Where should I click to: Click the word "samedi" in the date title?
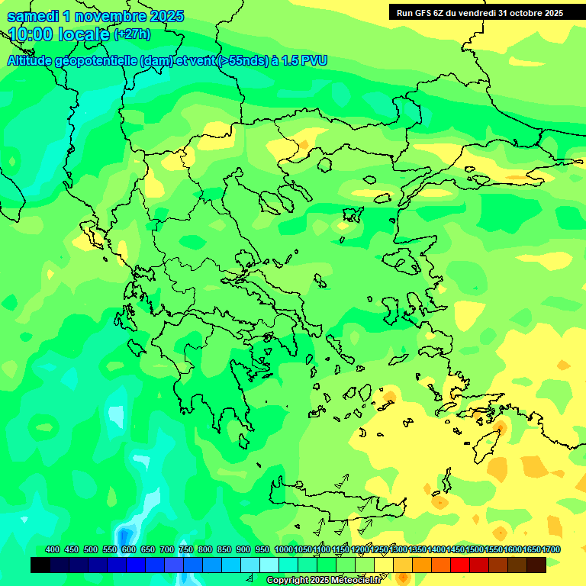pos(31,16)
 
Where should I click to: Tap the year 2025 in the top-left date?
pos(163,16)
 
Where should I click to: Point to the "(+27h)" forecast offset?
pos(132,34)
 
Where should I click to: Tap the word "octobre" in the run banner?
pos(520,12)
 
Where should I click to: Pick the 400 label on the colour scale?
pos(53,549)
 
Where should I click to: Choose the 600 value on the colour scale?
pos(129,549)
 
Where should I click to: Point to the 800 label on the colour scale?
pos(204,549)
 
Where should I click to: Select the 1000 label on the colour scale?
pos(283,549)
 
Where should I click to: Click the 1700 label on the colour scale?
pos(551,549)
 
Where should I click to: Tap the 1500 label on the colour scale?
pos(475,549)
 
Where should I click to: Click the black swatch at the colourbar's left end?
pos(40,565)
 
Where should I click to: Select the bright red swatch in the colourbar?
pos(460,565)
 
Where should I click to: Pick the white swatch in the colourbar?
pos(269,565)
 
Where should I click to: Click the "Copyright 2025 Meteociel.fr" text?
pos(323,580)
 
